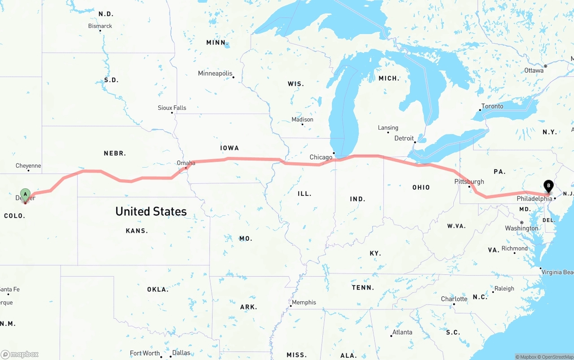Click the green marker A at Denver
tap(26, 195)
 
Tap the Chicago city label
tap(321, 157)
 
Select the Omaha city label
tap(186, 163)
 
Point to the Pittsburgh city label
tap(469, 182)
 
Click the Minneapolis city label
tap(215, 73)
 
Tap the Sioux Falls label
tap(172, 108)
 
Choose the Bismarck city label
tap(100, 26)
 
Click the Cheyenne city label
tap(28, 166)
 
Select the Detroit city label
tap(404, 139)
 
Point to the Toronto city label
tap(492, 106)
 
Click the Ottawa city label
tap(534, 70)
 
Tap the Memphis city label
tap(304, 303)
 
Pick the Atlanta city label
tap(402, 332)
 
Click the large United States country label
tap(151, 212)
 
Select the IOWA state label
tap(230, 148)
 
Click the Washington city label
tap(522, 228)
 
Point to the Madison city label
tap(302, 120)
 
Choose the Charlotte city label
tap(454, 299)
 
